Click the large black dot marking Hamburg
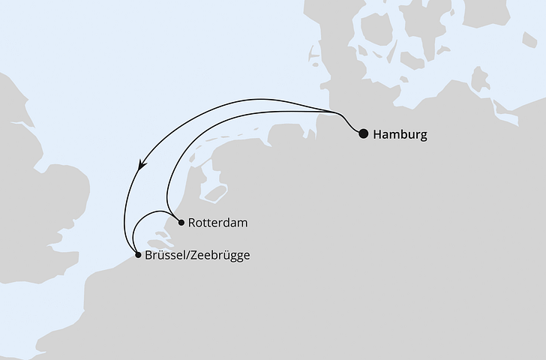point(363,134)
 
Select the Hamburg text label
point(400,135)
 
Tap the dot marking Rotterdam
point(181,222)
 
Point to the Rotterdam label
point(218,223)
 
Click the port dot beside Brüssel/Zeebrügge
point(137,255)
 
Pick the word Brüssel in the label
point(166,256)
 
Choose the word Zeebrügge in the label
point(220,256)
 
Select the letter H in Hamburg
point(376,135)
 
